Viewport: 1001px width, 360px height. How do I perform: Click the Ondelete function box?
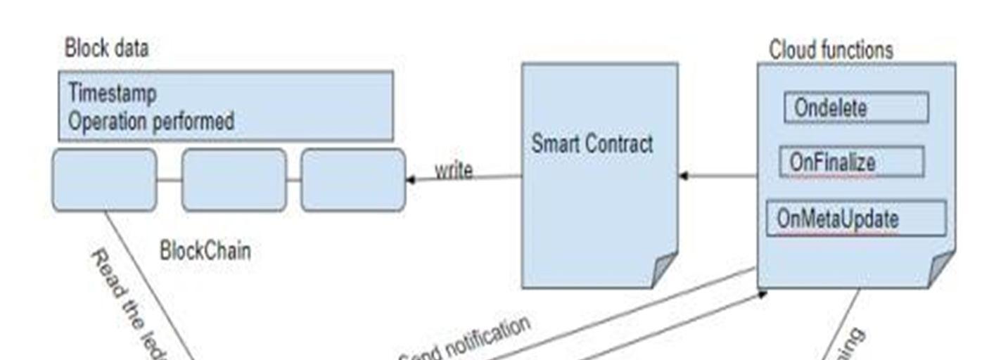[856, 108]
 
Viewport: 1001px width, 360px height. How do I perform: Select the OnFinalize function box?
[851, 162]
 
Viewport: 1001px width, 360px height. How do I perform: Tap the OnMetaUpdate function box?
[855, 218]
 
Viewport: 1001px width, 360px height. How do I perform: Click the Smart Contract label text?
[592, 144]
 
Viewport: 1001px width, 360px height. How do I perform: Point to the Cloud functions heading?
[831, 50]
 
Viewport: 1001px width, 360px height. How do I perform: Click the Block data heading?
[106, 49]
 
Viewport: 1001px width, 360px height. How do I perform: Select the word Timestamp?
[113, 94]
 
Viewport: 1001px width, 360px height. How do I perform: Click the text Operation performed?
[151, 121]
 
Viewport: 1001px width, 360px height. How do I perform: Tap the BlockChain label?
[205, 250]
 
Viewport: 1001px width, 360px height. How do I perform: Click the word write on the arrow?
[453, 170]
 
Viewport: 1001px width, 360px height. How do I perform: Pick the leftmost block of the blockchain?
[104, 179]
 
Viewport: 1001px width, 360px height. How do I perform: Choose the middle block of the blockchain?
[234, 179]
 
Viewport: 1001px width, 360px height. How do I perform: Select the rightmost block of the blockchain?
[353, 179]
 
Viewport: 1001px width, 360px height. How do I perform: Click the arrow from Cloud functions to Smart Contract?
[718, 176]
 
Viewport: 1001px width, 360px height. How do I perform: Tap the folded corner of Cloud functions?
[941, 270]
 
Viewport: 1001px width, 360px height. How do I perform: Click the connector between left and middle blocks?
[169, 180]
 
